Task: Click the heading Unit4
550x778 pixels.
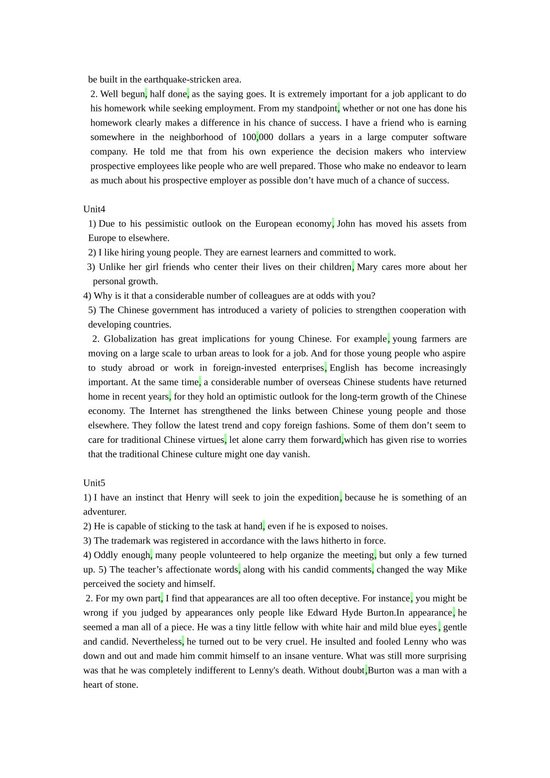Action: (94, 209)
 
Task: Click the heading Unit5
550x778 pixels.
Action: (94, 483)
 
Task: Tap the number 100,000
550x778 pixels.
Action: (257, 137)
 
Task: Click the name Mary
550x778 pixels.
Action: (367, 267)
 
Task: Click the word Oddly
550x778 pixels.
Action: (105, 555)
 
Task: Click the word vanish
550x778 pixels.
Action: (296, 454)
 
